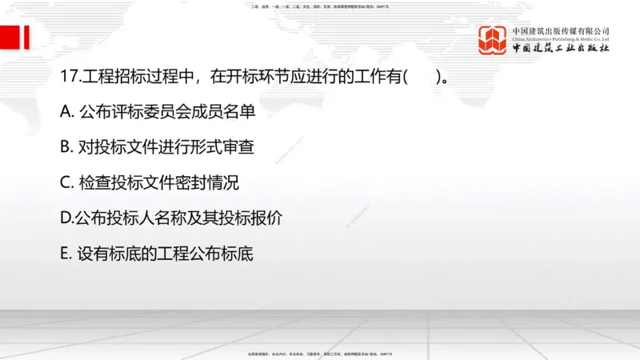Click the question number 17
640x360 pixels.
click(x=68, y=78)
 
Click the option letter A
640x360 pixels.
click(x=66, y=113)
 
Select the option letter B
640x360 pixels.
click(x=66, y=148)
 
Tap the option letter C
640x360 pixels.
click(x=66, y=182)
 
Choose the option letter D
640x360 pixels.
click(x=66, y=218)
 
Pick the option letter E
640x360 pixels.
click(x=66, y=253)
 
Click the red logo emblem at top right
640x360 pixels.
click(x=494, y=40)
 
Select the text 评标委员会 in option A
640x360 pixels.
click(x=150, y=113)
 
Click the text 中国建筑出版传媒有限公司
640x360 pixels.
click(x=561, y=30)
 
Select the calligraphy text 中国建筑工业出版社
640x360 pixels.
click(x=561, y=50)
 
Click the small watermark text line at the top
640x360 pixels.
click(x=320, y=7)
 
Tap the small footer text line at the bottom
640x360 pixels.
click(x=320, y=354)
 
